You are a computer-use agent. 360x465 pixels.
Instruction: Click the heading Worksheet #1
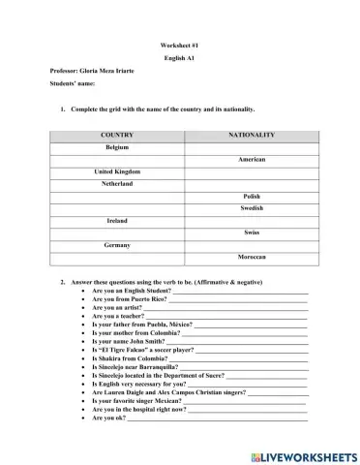179,46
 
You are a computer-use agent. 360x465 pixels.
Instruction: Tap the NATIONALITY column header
252,135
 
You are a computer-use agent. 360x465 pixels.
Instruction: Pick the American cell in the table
252,159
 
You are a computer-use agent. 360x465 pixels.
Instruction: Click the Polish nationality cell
252,196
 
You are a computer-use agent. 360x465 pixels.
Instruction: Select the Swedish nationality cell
252,208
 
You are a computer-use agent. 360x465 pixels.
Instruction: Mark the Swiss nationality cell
252,232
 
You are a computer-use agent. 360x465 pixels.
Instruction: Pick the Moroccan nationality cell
252,258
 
